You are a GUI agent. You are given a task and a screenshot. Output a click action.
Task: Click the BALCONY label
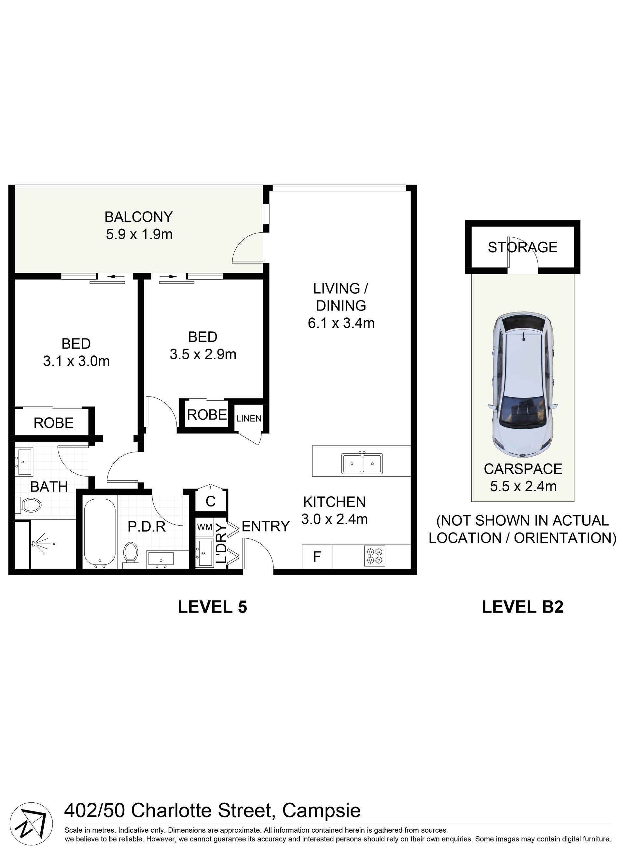(x=139, y=217)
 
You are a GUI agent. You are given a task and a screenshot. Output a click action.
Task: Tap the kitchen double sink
(x=362, y=463)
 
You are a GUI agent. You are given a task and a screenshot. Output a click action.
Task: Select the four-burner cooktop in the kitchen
(x=375, y=556)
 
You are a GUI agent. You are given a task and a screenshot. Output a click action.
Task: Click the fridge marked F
(x=317, y=556)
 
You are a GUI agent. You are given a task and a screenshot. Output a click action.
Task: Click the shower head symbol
(x=40, y=544)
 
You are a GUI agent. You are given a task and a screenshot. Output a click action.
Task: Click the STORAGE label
(x=522, y=247)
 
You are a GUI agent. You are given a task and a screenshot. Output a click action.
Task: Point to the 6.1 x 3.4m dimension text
(x=341, y=323)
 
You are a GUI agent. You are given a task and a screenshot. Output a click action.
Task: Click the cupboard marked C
(x=211, y=501)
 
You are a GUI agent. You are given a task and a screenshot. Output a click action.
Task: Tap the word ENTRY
(x=266, y=526)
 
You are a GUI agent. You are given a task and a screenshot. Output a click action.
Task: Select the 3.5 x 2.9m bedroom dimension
(x=203, y=354)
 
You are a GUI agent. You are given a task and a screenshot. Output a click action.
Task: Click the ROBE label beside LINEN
(x=207, y=415)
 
